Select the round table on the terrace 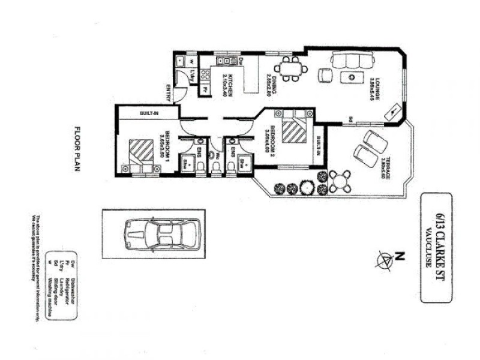(x=340, y=179)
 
